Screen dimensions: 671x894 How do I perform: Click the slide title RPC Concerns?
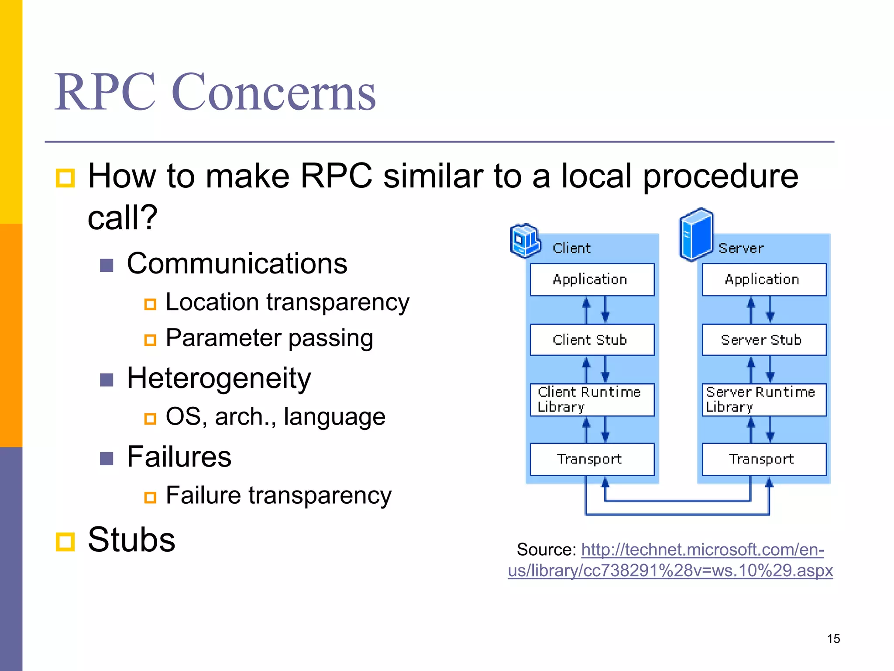pyautogui.click(x=215, y=92)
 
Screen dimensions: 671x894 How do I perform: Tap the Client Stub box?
pyautogui.click(x=592, y=339)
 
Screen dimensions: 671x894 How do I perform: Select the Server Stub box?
pyautogui.click(x=764, y=339)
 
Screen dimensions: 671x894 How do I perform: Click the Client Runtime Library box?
pyautogui.click(x=592, y=399)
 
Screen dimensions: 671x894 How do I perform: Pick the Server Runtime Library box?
pyautogui.click(x=764, y=399)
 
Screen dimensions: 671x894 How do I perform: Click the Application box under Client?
pyautogui.click(x=592, y=279)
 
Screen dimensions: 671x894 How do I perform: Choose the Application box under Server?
pyautogui.click(x=764, y=279)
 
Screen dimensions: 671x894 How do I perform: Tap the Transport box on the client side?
pyautogui.click(x=592, y=459)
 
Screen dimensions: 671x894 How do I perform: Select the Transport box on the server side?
pyautogui.click(x=764, y=459)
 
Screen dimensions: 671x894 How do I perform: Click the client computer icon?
pyautogui.click(x=525, y=240)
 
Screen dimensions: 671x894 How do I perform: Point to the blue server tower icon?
pyautogui.click(x=696, y=234)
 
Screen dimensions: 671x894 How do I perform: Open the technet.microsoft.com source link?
pyautogui.click(x=671, y=560)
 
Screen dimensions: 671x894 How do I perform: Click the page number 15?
pyautogui.click(x=833, y=639)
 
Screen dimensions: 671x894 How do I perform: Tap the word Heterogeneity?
pyautogui.click(x=219, y=378)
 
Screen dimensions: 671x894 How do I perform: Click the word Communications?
pyautogui.click(x=237, y=263)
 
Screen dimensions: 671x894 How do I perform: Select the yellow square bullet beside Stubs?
pyautogui.click(x=65, y=542)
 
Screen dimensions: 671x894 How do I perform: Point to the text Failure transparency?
pyautogui.click(x=279, y=495)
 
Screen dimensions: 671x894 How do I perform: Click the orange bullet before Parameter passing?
pyautogui.click(x=150, y=339)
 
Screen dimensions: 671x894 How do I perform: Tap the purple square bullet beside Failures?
pyautogui.click(x=107, y=458)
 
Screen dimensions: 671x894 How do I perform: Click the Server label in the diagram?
pyautogui.click(x=741, y=248)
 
